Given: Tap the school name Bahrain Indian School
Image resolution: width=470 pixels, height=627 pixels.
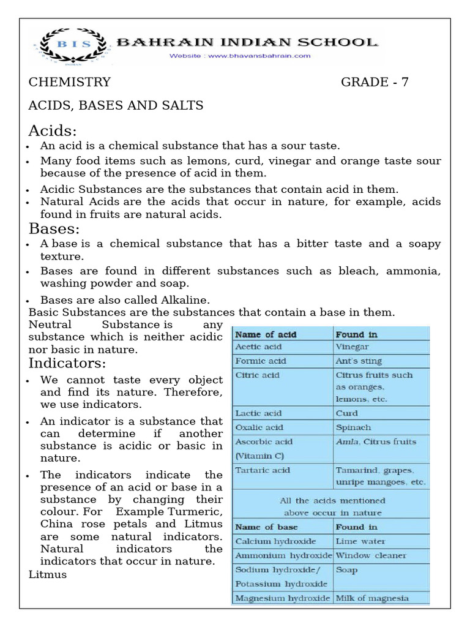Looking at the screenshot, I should (247, 43).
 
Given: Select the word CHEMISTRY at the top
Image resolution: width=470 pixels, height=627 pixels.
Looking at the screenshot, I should (70, 83).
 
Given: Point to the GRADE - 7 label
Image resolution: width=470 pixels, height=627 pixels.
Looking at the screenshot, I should (375, 83).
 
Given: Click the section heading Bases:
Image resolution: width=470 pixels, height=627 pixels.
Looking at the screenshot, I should (54, 229).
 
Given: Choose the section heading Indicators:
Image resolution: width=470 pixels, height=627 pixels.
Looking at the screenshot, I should (67, 364).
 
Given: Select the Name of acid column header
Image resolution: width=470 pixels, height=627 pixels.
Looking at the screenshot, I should (266, 334).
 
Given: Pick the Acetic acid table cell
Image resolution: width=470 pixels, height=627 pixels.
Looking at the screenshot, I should (258, 347).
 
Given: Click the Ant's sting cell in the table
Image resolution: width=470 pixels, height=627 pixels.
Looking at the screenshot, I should (359, 361).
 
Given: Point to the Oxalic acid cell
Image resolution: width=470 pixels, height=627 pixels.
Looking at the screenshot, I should (259, 427).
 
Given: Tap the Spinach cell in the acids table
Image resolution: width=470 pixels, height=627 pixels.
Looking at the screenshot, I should (353, 427).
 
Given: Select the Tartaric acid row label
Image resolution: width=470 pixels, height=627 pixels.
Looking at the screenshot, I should (263, 470).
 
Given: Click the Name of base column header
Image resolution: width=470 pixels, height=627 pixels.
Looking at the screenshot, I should (266, 527).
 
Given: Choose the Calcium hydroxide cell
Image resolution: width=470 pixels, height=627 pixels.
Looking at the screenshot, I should (275, 541).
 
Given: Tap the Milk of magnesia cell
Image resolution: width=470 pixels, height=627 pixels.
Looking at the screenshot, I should (372, 598).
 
